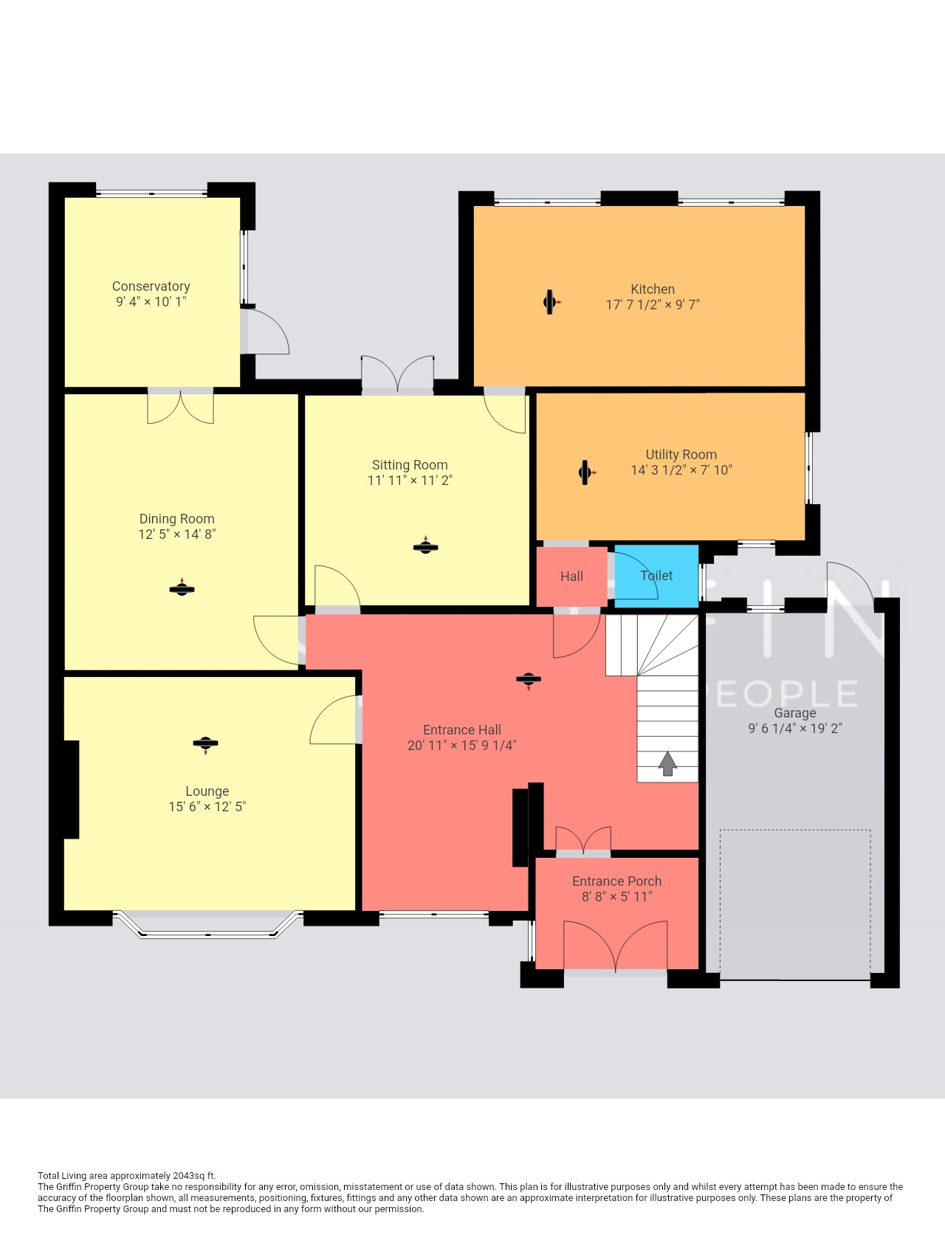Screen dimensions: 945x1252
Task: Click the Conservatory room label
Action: coord(151,286)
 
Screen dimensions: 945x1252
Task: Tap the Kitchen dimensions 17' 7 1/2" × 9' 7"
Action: coord(653,305)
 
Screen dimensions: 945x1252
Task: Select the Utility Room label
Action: coord(681,455)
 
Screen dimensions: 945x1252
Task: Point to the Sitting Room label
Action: coord(410,465)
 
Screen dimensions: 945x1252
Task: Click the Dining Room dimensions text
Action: coord(177,534)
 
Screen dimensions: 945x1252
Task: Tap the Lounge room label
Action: coord(207,791)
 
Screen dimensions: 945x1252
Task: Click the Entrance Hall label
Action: coord(462,730)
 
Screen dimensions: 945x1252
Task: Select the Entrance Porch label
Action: coord(616,881)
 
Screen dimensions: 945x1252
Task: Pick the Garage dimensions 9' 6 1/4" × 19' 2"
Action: coord(795,729)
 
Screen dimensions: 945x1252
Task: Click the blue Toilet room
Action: coord(656,577)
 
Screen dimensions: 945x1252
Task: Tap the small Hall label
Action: coord(571,577)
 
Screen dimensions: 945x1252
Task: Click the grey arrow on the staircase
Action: coord(667,764)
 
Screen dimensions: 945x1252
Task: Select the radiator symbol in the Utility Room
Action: coord(587,472)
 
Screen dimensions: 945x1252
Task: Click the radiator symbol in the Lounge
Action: coord(205,744)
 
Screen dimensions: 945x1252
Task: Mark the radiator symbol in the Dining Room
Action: coord(182,588)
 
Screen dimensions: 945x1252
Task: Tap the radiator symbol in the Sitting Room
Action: coord(425,547)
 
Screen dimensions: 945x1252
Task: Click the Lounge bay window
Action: coord(207,926)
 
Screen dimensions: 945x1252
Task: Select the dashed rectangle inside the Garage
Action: coord(795,905)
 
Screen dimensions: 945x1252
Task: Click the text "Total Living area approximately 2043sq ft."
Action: coord(127,1176)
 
